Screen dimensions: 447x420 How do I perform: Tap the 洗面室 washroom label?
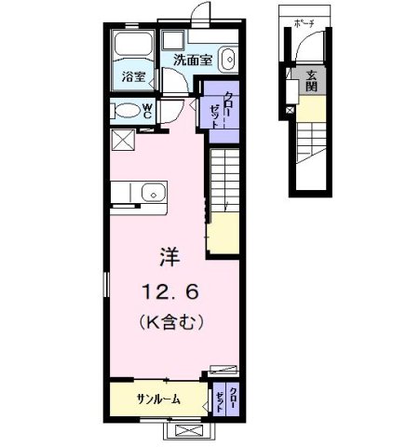point(193,60)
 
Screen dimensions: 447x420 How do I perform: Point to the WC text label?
point(146,111)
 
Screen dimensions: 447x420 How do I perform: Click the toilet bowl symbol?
point(124,112)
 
